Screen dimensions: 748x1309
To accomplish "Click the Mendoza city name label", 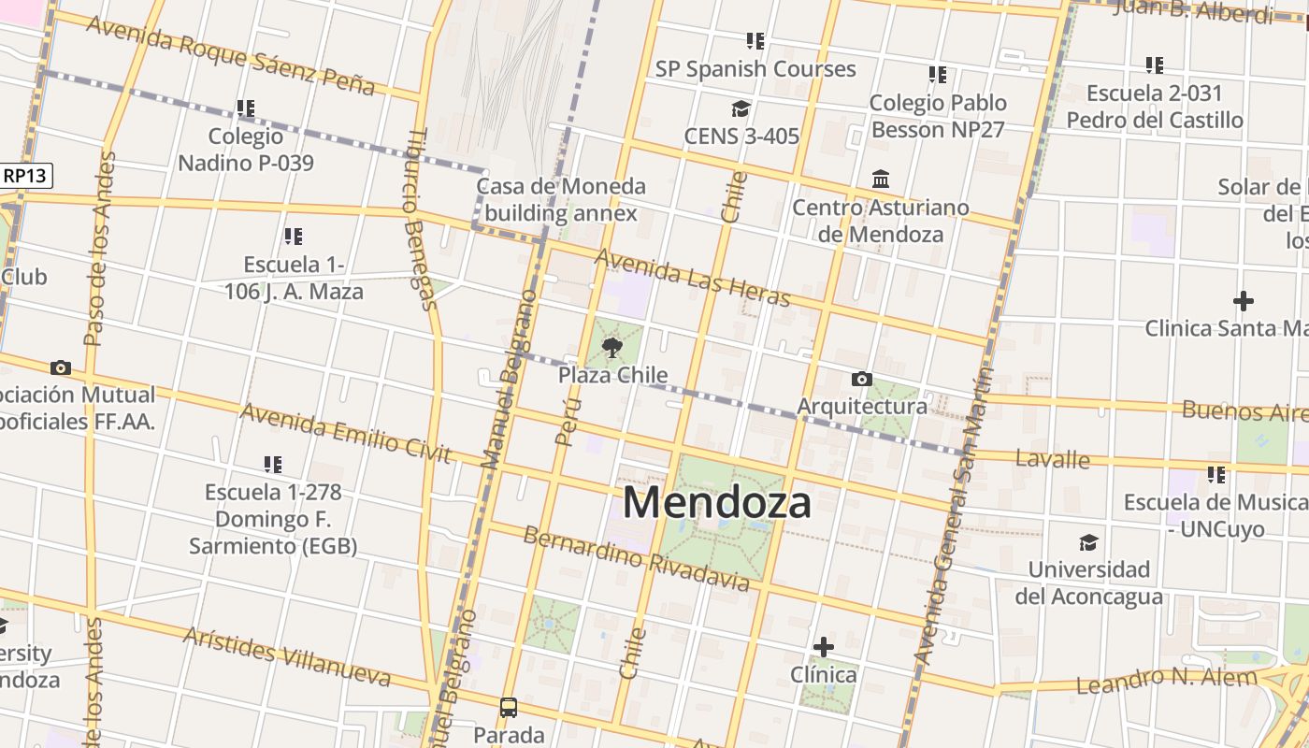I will coord(716,503).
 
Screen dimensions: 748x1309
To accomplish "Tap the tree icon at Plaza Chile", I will coord(612,349).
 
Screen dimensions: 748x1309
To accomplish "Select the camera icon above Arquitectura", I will coord(862,379).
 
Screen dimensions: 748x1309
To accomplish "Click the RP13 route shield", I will coord(26,175).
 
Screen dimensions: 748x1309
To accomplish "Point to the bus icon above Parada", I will coord(509,707).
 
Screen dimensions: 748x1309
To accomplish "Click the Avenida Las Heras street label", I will coord(693,278).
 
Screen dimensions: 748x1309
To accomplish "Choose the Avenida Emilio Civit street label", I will coord(346,433).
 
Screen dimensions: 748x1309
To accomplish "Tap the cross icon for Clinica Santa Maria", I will coord(1243,301).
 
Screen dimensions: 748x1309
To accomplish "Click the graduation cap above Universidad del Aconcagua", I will coord(1088,542).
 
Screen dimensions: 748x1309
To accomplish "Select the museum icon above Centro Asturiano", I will coord(880,179).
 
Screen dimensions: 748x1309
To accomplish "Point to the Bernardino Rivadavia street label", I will coord(636,559).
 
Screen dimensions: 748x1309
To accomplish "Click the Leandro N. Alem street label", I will coord(1166,680).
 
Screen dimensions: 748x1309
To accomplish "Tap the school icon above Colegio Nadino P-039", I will coord(245,108).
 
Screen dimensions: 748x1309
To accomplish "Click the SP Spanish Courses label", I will coord(755,69).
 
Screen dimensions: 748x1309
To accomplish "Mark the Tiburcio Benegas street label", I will coord(418,218).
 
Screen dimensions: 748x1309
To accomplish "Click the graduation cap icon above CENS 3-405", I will coord(741,108).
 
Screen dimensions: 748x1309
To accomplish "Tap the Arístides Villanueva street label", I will coord(286,656).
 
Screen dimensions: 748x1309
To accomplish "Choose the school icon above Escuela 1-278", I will coord(273,464).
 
